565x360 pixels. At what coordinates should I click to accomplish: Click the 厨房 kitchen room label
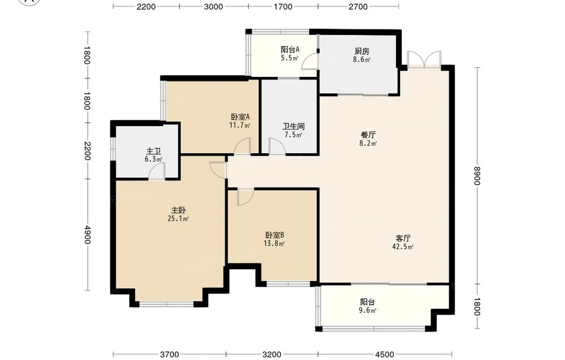pos(362,51)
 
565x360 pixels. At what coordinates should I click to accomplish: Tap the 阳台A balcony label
pos(290,50)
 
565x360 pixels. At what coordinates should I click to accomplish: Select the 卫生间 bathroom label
pos(293,127)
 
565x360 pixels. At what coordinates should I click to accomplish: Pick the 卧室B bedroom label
pos(275,235)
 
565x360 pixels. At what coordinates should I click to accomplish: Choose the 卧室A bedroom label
pos(240,117)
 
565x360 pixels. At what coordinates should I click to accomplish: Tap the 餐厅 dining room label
pos(368,135)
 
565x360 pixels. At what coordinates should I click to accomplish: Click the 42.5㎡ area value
pos(403,247)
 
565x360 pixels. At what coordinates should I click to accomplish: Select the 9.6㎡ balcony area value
pos(368,311)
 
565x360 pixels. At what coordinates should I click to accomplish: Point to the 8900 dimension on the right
pos(477,176)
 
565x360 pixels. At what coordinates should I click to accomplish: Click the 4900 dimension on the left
pos(87,234)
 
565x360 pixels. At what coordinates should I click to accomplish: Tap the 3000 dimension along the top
pos(214,7)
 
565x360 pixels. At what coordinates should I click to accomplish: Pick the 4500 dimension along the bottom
pos(384,354)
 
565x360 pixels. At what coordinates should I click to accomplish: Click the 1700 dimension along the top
pos(283,7)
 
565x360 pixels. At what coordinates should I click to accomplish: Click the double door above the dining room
pos(424,59)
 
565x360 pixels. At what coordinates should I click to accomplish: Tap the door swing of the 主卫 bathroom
pos(157,171)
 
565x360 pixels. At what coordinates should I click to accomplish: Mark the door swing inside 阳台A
pos(310,60)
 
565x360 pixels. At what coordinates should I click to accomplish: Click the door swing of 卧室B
pos(246,197)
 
